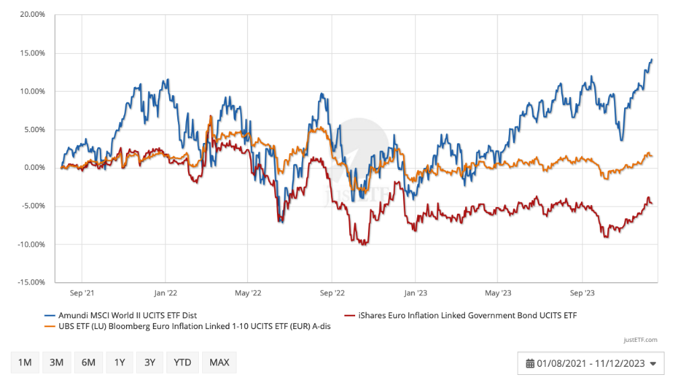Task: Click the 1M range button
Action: pos(25,363)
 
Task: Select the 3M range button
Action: pos(57,363)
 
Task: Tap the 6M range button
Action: pos(88,363)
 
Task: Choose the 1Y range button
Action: pos(119,363)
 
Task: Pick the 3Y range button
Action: pos(150,363)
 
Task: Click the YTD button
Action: pos(182,363)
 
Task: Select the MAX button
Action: pos(219,363)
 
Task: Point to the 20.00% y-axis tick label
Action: pos(30,15)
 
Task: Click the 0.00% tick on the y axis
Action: pos(32,168)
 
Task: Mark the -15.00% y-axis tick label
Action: pos(30,283)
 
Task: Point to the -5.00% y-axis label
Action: pos(31,206)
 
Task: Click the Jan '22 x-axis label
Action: pos(165,293)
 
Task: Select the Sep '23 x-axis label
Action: pos(582,293)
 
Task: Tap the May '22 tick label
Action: pos(248,293)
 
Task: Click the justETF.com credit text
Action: pos(641,340)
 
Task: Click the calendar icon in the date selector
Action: pos(530,363)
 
